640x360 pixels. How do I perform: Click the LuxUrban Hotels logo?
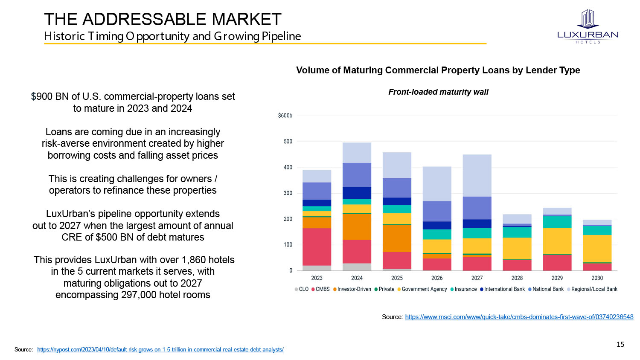pos(588,26)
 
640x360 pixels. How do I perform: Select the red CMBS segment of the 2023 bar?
pos(317,247)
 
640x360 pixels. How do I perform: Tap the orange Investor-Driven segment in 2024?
pos(357,226)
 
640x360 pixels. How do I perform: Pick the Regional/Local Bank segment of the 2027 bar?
pos(477,175)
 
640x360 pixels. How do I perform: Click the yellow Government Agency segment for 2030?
pos(597,248)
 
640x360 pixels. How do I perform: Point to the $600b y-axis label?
pos(285,116)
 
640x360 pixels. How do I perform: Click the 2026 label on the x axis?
pos(437,278)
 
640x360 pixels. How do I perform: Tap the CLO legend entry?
pos(301,289)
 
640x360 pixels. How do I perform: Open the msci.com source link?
pos(519,317)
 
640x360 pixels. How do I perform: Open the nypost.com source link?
pos(160,350)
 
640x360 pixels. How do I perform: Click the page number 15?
pos(620,344)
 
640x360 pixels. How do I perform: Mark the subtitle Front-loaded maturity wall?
pos(438,92)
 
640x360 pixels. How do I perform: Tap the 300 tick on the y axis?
pos(288,193)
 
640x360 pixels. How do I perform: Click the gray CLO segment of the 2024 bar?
pos(357,267)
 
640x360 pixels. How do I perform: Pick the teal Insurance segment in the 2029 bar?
pos(557,222)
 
